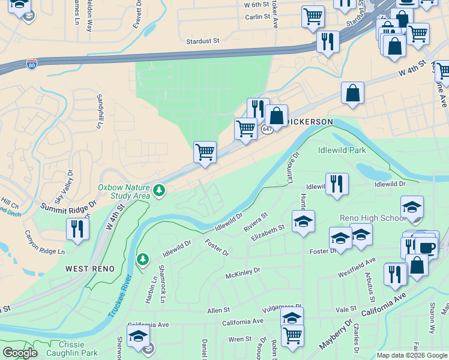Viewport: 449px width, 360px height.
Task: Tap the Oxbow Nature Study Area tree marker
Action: coord(158,191)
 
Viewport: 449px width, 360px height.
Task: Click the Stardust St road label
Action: coord(203,41)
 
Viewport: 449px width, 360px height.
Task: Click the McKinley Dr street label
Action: coord(243,274)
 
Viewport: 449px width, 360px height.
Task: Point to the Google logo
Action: coord(20,353)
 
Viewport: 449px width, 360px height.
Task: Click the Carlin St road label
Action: coord(258,17)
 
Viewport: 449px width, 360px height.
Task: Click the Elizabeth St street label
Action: coord(268,231)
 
